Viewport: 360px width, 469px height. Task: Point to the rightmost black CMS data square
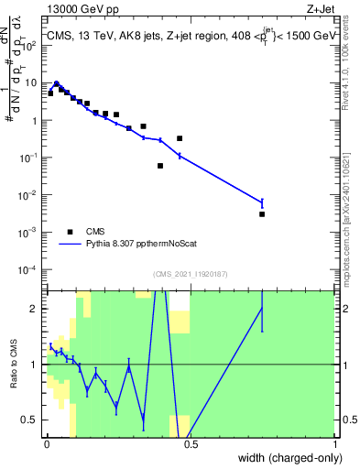[262, 214]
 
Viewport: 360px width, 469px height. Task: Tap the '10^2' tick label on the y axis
[30, 45]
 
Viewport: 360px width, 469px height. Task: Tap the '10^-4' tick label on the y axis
[28, 270]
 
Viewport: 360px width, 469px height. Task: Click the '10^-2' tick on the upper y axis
[28, 195]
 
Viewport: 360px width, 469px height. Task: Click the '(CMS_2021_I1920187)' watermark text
[190, 274]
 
